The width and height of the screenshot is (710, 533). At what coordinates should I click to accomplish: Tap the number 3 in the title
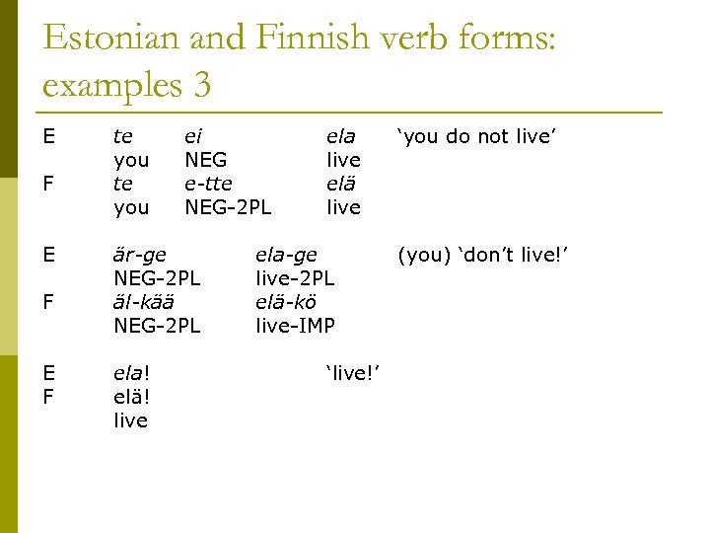(202, 85)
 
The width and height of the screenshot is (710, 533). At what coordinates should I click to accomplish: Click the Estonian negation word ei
(194, 136)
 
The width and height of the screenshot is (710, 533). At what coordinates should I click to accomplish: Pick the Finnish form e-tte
(208, 184)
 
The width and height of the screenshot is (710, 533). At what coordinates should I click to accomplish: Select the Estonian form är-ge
(140, 255)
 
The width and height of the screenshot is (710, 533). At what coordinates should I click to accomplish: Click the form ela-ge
(286, 255)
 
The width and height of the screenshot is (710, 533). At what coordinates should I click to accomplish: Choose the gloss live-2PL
(295, 278)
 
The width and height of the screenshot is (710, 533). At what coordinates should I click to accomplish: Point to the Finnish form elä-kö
(286, 302)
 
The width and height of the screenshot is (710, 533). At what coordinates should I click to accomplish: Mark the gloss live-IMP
(295, 326)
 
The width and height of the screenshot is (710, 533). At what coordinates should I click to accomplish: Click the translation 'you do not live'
(477, 136)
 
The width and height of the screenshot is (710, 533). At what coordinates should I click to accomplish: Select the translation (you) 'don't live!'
(483, 255)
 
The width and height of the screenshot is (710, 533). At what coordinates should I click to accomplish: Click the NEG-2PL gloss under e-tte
(228, 207)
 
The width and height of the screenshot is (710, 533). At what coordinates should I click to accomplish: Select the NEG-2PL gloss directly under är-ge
(157, 278)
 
